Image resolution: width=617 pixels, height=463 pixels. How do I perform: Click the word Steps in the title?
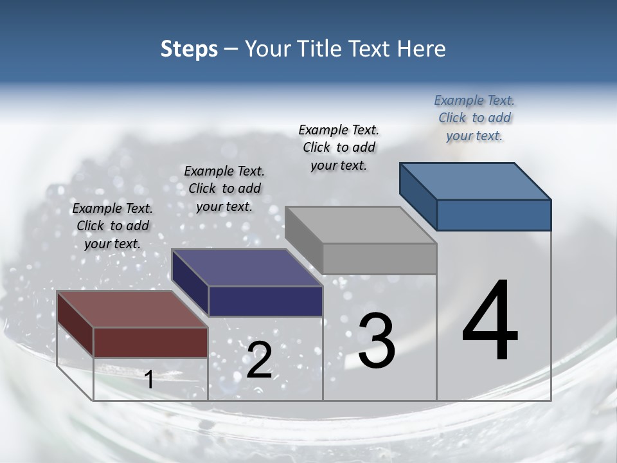coord(189,49)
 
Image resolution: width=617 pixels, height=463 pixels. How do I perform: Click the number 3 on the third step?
coord(377,340)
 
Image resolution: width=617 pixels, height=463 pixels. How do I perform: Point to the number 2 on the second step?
coord(259,360)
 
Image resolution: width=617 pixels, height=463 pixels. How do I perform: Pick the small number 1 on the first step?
coord(149,379)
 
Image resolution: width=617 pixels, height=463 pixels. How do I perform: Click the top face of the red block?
coord(132,309)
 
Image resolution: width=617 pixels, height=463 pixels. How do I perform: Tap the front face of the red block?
coord(151,342)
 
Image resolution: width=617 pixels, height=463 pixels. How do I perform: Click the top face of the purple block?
coord(247,268)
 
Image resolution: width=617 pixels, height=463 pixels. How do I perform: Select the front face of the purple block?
coord(265,301)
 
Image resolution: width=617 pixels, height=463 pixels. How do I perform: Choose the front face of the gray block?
coord(379,259)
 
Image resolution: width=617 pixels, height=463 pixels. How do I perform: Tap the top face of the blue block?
coord(476,181)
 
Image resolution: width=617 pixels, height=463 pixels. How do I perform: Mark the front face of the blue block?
coord(494,215)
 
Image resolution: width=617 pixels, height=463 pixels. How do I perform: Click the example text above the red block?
coord(112,226)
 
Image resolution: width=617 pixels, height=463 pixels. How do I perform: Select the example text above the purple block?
coord(224,188)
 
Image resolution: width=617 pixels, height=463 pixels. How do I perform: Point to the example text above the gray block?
coord(339,147)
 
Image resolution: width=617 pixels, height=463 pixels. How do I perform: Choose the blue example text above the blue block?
coord(474,118)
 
